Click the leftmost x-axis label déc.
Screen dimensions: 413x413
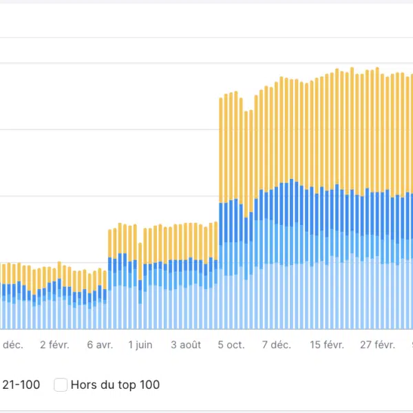tap(12, 345)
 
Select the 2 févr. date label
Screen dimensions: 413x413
tap(54, 345)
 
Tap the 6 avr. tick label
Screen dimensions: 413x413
tap(100, 345)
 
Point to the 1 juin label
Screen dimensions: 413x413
tap(140, 345)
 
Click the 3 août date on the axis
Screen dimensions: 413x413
tap(186, 345)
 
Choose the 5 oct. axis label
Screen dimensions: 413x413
tap(231, 345)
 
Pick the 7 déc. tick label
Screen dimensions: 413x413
tap(276, 345)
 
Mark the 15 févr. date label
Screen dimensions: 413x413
tap(326, 345)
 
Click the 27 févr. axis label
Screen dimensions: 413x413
tap(378, 345)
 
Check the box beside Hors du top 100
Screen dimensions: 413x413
tap(61, 385)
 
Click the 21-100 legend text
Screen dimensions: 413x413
tap(21, 385)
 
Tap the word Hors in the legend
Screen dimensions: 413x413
tap(83, 385)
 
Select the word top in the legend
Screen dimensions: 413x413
tap(125, 385)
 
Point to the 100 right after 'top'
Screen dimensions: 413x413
tap(148, 385)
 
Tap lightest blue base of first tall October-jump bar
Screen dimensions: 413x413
tap(221, 303)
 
